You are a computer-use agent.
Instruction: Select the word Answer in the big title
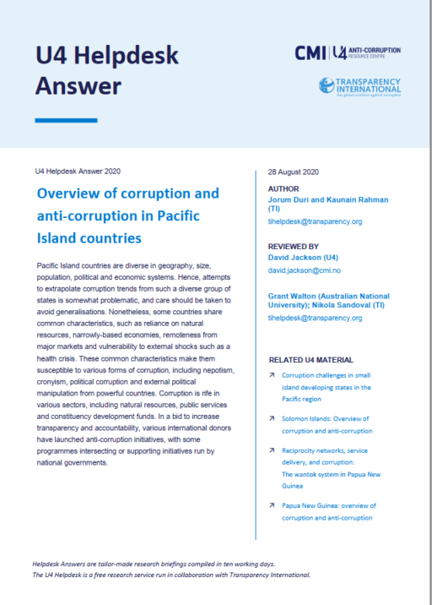78,85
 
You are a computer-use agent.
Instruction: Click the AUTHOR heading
283,188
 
